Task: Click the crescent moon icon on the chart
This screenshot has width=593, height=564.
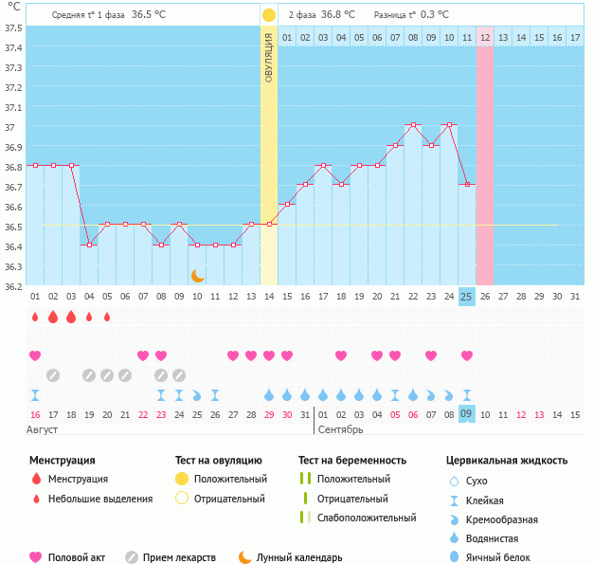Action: click(x=198, y=275)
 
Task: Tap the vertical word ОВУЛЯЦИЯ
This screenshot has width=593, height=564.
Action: click(x=269, y=58)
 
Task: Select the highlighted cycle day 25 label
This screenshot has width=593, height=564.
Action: click(x=466, y=297)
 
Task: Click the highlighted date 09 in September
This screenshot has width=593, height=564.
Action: click(x=466, y=414)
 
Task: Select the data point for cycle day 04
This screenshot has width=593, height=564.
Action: click(x=89, y=245)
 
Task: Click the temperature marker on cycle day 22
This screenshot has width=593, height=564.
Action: click(x=413, y=125)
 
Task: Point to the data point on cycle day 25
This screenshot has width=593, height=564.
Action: click(x=466, y=185)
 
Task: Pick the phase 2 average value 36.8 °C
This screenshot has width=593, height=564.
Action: click(x=338, y=15)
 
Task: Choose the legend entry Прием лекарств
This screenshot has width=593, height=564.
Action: click(x=179, y=557)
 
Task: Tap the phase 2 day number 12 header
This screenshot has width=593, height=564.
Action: click(x=485, y=37)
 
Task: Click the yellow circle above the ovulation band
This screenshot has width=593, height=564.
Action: click(x=269, y=15)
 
